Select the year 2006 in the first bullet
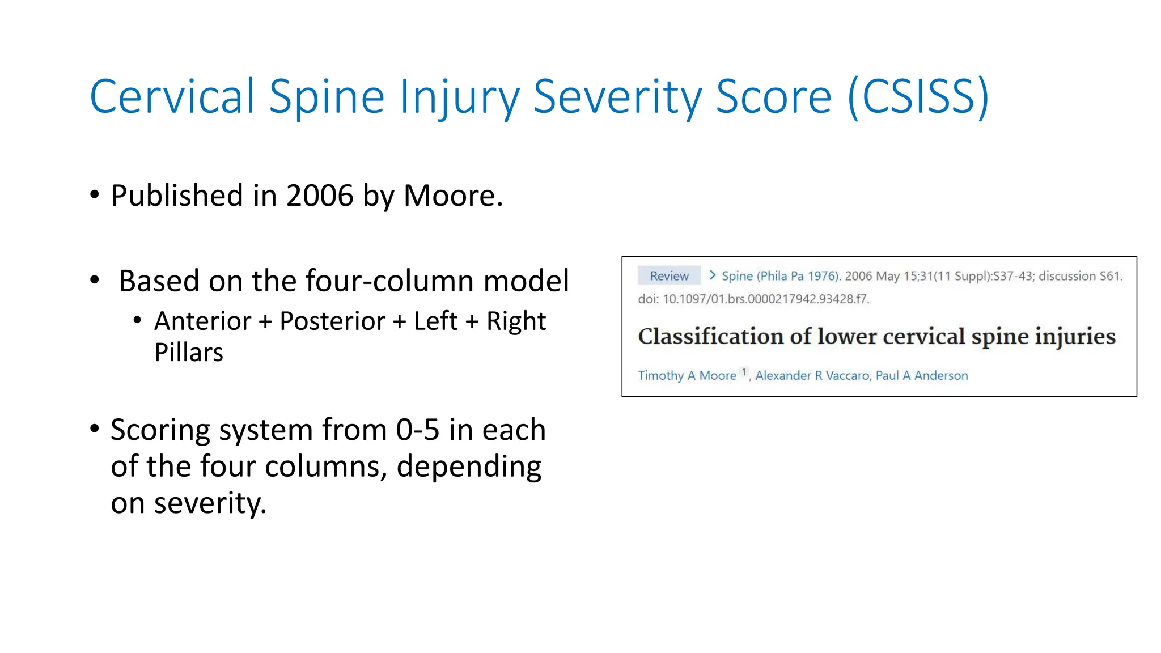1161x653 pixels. click(320, 196)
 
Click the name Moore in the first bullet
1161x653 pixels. click(452, 196)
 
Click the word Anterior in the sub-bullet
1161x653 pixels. click(202, 321)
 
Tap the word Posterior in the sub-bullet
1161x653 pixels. click(332, 321)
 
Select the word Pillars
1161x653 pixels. click(189, 353)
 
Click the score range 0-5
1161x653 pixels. click(417, 430)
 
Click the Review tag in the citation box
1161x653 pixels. click(669, 276)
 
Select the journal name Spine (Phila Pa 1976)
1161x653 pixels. click(780, 276)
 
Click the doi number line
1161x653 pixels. click(753, 299)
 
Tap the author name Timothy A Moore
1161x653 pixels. click(687, 375)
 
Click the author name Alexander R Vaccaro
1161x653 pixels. click(812, 375)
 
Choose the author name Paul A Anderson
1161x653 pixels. click(922, 375)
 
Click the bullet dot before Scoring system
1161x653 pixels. click(95, 429)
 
